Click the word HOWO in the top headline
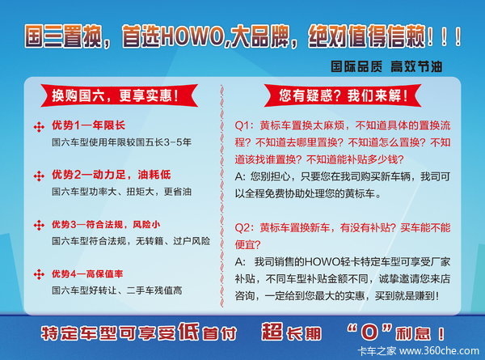click(x=192, y=37)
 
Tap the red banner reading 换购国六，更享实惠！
click(x=120, y=95)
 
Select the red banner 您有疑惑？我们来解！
click(x=343, y=95)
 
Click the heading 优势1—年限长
click(x=88, y=125)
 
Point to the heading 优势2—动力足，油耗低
click(x=111, y=175)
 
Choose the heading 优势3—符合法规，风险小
click(x=106, y=224)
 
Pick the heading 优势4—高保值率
click(x=87, y=274)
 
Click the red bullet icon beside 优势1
click(x=39, y=127)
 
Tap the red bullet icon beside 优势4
click(x=39, y=274)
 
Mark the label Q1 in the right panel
click(x=242, y=126)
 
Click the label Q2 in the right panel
click(x=242, y=228)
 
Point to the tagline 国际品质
click(x=356, y=66)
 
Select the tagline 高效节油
click(x=416, y=66)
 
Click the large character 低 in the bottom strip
click(x=188, y=332)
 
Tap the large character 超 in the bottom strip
click(x=272, y=332)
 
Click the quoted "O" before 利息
click(x=370, y=332)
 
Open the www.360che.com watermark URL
click(x=439, y=351)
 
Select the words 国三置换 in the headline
click(x=63, y=37)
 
